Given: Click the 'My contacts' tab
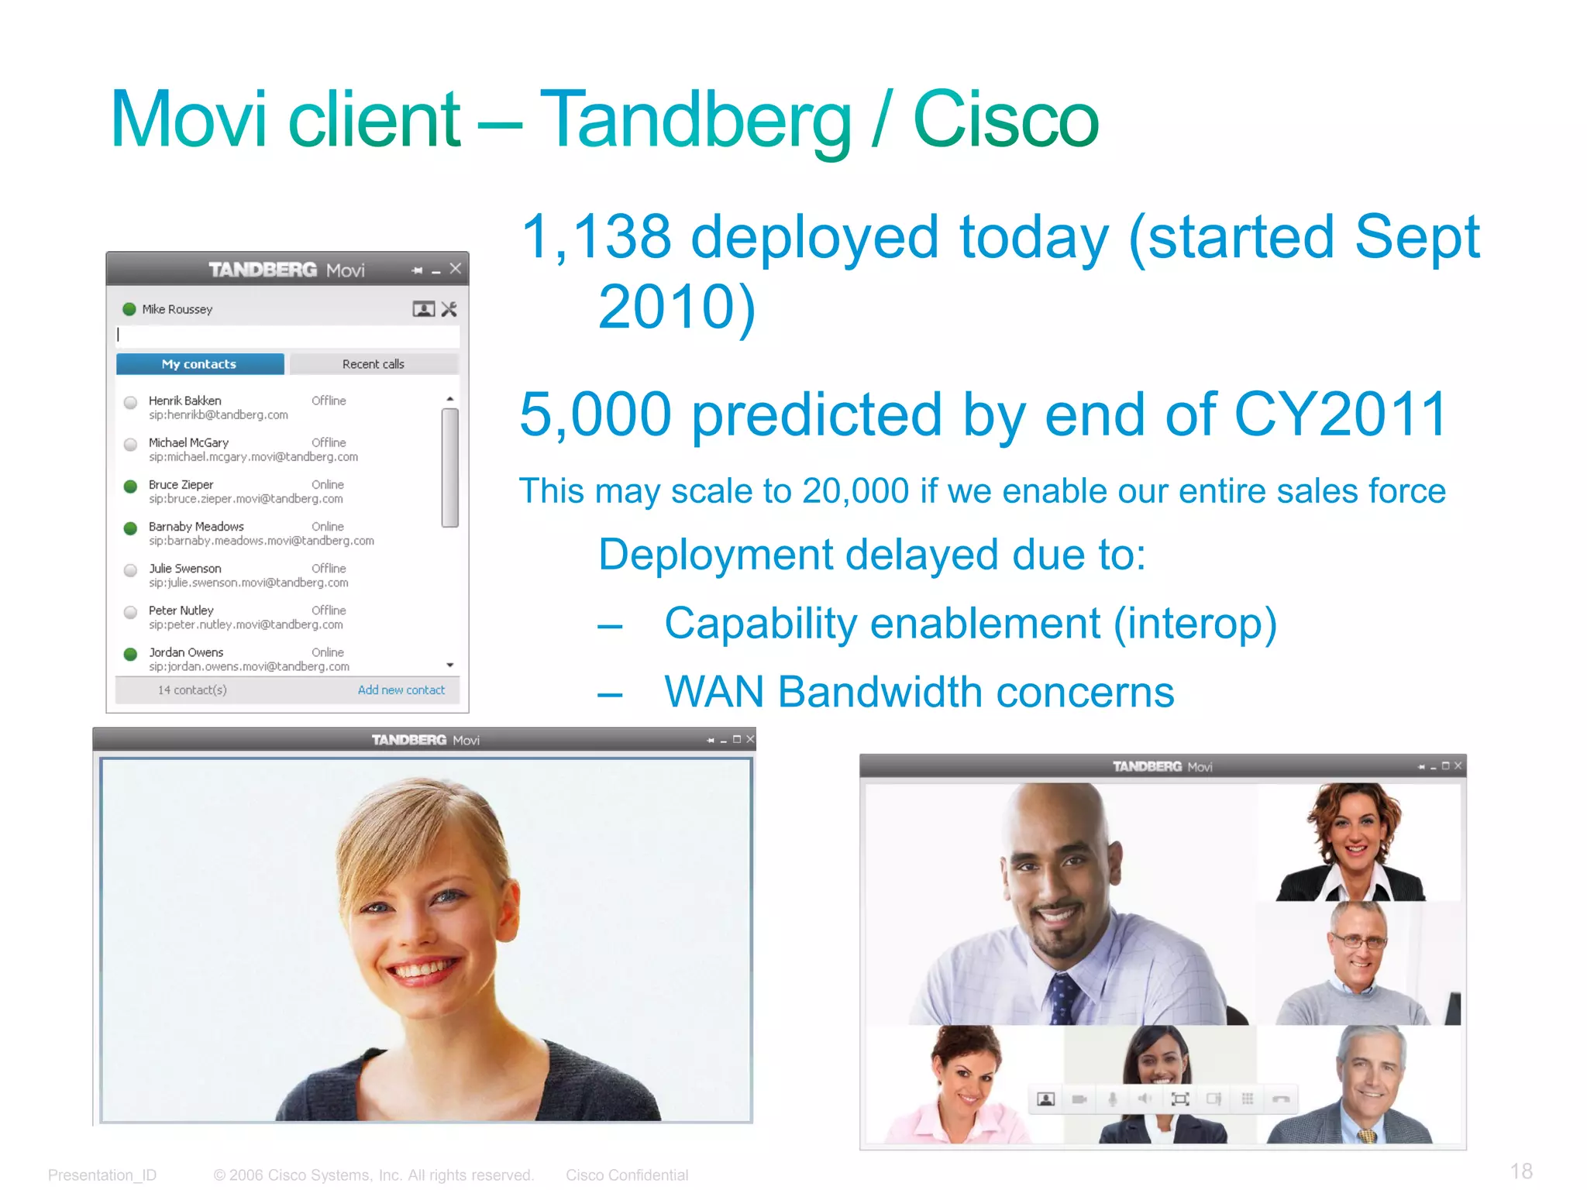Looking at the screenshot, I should click(x=199, y=364).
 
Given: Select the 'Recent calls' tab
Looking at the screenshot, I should click(x=373, y=364).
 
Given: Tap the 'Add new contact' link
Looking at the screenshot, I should click(x=401, y=690).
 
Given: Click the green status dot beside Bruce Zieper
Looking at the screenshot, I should click(x=131, y=486).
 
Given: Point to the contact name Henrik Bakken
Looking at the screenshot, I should click(x=184, y=401).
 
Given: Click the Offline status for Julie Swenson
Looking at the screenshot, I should click(x=329, y=569).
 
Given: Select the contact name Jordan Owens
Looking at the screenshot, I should click(x=186, y=652).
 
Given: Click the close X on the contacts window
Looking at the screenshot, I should click(x=456, y=268).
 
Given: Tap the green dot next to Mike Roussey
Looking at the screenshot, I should click(x=129, y=309).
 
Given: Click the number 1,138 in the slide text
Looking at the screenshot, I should click(x=596, y=236).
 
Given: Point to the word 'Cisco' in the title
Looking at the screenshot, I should click(x=1005, y=120).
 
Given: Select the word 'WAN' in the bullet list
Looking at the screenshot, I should click(x=714, y=692).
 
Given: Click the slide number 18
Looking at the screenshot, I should click(x=1521, y=1171).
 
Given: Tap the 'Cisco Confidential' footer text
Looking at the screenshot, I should click(x=626, y=1175).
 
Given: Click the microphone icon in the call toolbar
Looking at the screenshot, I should click(x=1113, y=1099).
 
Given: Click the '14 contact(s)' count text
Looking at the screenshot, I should click(x=192, y=690).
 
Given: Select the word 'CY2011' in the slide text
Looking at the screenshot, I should click(x=1340, y=414).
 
